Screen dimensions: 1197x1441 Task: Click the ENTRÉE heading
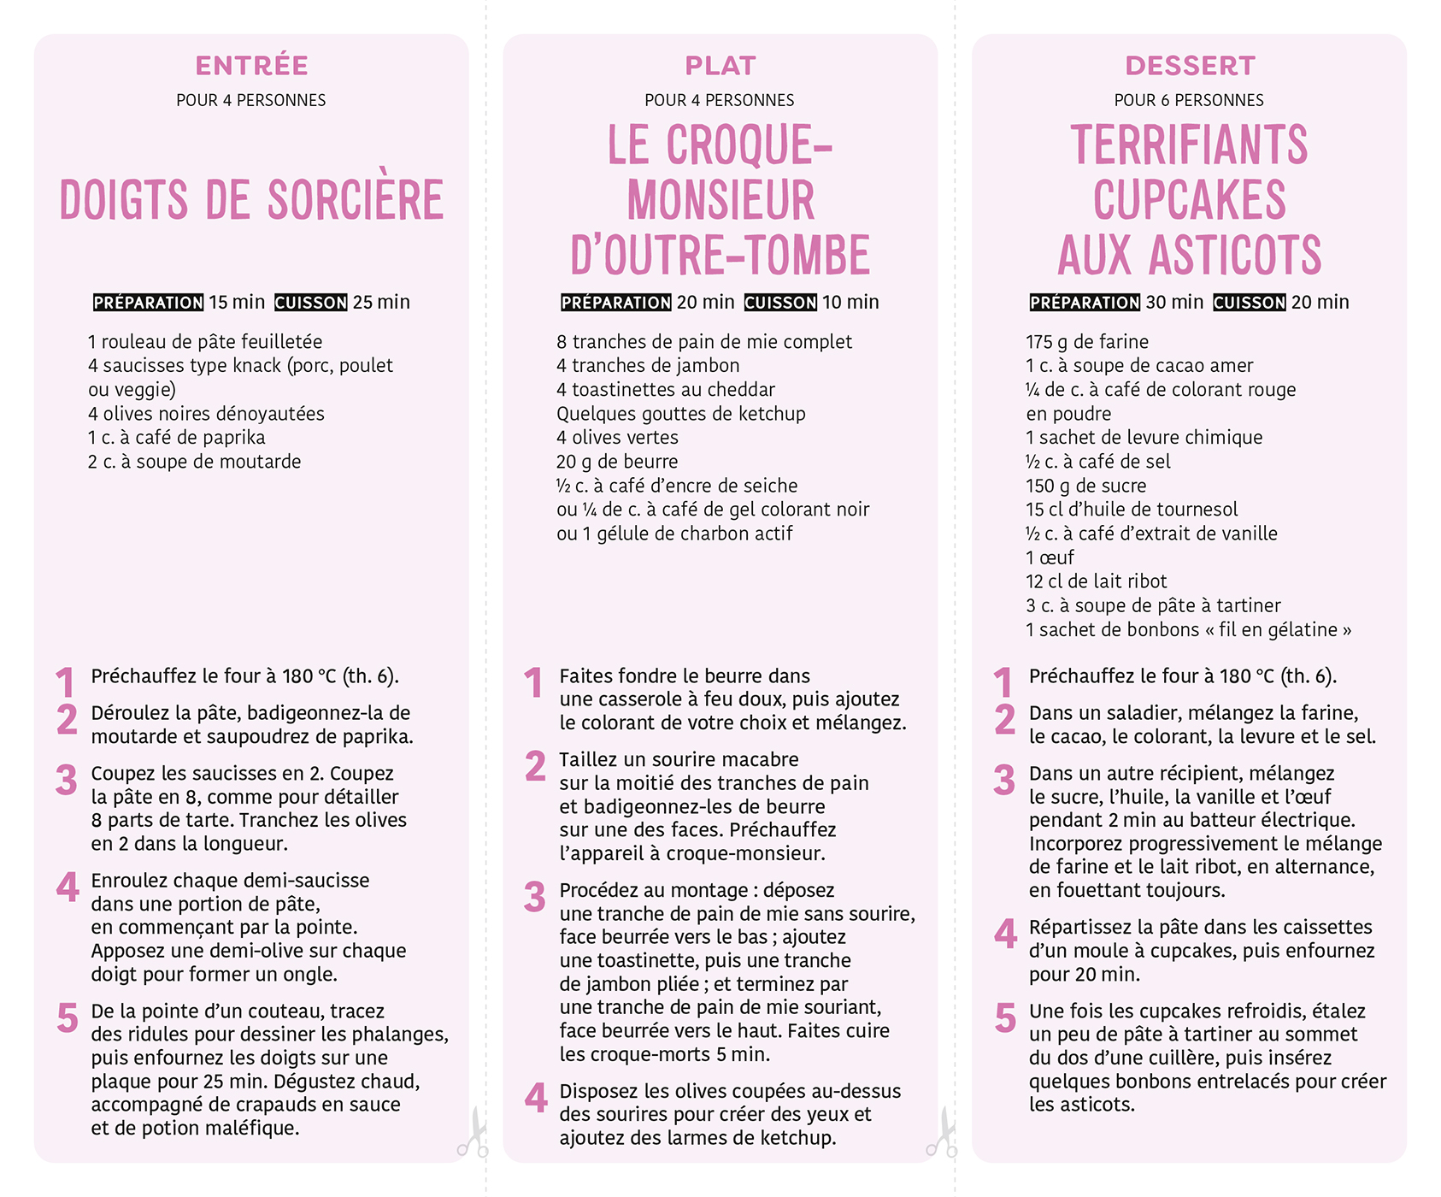(x=251, y=66)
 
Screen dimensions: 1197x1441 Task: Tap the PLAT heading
(x=720, y=66)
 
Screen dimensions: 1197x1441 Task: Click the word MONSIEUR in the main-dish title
(x=720, y=201)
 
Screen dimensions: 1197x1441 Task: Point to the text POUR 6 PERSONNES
(x=1188, y=100)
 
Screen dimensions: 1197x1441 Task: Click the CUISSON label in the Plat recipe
(x=780, y=303)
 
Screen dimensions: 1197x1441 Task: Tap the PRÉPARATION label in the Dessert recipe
(x=1085, y=303)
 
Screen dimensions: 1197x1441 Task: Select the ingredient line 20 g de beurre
(x=616, y=462)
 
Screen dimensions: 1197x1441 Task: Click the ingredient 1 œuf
(x=1050, y=557)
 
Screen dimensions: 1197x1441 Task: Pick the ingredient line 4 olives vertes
(x=616, y=438)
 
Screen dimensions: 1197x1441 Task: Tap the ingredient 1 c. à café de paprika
(x=176, y=438)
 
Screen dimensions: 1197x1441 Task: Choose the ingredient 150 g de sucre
(x=1085, y=486)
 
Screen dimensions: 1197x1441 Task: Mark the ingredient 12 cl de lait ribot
(x=1096, y=581)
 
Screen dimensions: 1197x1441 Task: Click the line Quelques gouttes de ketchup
(x=680, y=414)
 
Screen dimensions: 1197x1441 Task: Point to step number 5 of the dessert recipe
(x=1005, y=1017)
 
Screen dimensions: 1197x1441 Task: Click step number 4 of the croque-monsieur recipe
(x=536, y=1098)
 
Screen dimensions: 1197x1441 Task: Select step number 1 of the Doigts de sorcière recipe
(x=65, y=682)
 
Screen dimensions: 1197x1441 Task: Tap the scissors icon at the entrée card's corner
(x=473, y=1134)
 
